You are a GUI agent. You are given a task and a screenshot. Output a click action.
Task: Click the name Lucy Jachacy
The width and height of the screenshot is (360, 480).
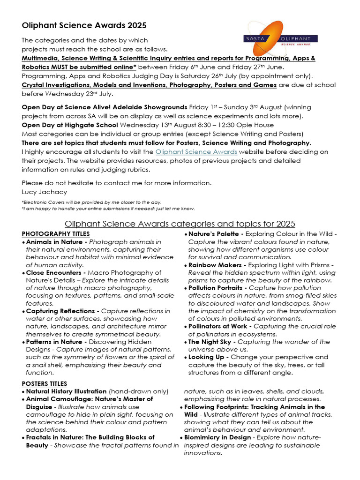[45, 191]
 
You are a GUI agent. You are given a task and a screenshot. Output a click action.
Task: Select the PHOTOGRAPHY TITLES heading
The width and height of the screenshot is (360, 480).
[56, 234]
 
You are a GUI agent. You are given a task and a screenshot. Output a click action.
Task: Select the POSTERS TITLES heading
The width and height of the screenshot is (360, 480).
[45, 383]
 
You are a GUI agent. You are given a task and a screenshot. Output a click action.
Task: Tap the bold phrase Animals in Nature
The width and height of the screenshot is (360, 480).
[56, 242]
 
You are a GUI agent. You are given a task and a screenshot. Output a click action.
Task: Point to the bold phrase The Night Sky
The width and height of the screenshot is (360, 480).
[209, 342]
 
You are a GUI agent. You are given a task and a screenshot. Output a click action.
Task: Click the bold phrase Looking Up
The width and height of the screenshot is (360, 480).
[208, 357]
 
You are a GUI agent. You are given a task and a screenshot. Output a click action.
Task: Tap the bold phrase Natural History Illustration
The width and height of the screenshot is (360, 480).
[67, 391]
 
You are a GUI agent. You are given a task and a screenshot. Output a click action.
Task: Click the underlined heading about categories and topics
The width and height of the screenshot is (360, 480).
[180, 224]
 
